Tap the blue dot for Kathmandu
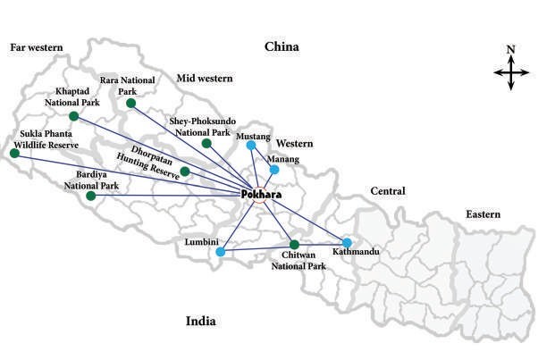[x=347, y=242]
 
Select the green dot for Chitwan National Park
[x=294, y=245]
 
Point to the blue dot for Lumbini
[x=221, y=252]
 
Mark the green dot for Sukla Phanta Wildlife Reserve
[x=13, y=153]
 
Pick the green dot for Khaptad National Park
[x=73, y=116]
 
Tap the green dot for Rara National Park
[x=130, y=104]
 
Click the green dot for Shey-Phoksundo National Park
[x=206, y=143]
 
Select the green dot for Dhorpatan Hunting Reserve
[x=184, y=171]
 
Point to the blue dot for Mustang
[x=251, y=146]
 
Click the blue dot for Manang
[x=274, y=170]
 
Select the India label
[x=203, y=322]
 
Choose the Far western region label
[x=35, y=47]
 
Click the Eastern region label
[x=483, y=214]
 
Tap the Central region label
[x=387, y=191]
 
